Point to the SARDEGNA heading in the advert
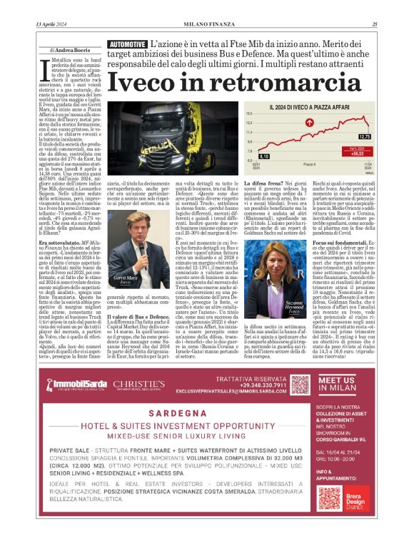pyautogui.click(x=172, y=413)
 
